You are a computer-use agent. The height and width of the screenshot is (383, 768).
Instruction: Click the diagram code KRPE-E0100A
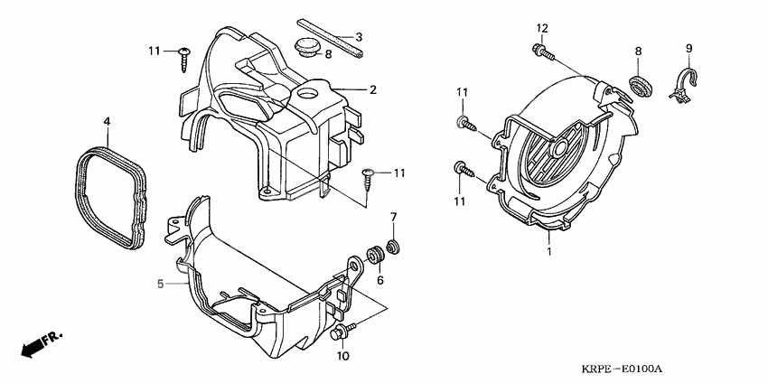click(625, 369)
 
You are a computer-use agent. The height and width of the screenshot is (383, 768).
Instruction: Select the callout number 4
click(107, 121)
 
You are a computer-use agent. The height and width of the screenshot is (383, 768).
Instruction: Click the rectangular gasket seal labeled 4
click(111, 198)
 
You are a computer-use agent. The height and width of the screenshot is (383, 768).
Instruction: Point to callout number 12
click(541, 28)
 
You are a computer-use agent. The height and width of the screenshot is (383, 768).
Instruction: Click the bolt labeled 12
click(542, 51)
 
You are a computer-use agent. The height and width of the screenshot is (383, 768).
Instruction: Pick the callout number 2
click(373, 90)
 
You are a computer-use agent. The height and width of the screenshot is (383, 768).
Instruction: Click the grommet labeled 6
click(375, 255)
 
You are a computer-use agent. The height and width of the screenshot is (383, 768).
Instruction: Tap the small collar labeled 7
click(392, 247)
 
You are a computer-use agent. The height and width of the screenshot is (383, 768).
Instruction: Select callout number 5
click(160, 284)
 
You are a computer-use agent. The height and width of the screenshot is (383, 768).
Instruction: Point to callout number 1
click(549, 252)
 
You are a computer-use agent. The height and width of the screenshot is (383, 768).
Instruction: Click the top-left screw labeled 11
click(184, 60)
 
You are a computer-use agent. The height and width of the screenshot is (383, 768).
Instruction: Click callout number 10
click(343, 356)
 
